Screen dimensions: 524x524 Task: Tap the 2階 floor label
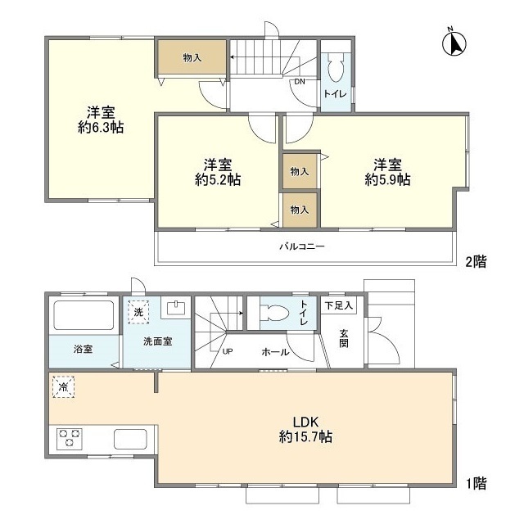[x=476, y=262]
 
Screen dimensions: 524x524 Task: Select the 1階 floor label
[x=476, y=483]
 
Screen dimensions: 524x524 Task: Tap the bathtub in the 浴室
[x=82, y=316]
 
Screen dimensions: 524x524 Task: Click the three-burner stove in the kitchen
[x=70, y=438]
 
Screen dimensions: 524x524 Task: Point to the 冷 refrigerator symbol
[x=61, y=386]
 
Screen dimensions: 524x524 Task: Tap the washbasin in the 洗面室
[x=177, y=309]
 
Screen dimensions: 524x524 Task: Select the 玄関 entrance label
[x=345, y=338]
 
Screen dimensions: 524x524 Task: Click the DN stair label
[x=300, y=81]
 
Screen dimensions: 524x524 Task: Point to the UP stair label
[x=228, y=351]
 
